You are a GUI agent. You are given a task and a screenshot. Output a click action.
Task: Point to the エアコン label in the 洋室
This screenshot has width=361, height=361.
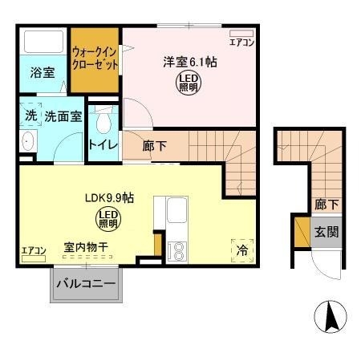tap(241, 43)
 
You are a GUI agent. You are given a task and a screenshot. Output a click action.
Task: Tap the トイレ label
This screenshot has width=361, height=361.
tap(103, 145)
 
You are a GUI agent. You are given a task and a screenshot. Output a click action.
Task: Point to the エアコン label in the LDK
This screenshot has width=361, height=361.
tap(33, 251)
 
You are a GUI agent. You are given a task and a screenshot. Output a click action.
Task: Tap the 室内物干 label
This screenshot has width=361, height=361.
tap(85, 249)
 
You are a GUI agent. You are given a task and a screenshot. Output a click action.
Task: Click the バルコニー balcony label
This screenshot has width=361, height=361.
tap(86, 284)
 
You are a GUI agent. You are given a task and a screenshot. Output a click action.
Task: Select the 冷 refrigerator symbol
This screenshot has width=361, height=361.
tap(241, 249)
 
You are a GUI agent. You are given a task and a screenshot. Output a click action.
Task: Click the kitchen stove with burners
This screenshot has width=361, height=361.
tap(175, 249)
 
